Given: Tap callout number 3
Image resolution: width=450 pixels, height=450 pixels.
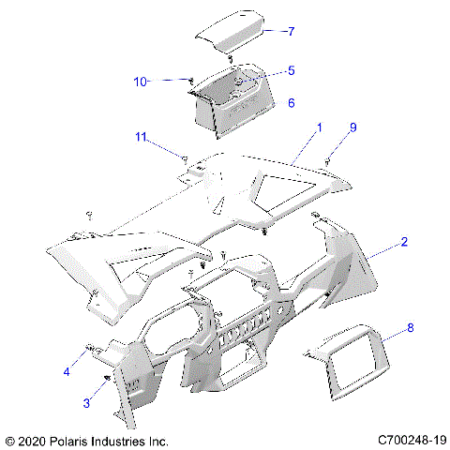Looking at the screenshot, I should (x=88, y=402).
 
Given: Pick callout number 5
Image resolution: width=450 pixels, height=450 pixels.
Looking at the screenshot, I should (x=291, y=70).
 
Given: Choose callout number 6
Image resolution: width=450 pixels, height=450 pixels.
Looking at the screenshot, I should (x=291, y=102).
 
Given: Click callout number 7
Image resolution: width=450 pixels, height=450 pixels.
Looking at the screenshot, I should (x=291, y=31).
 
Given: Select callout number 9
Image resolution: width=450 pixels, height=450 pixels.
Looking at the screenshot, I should (x=354, y=127).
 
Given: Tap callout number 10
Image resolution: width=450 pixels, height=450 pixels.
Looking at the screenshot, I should (x=140, y=82).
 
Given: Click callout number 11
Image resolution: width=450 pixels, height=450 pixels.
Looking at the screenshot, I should (x=140, y=138).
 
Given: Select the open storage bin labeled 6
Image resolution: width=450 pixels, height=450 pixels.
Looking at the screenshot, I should (x=230, y=108).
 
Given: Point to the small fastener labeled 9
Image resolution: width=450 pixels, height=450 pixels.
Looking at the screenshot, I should (x=328, y=161).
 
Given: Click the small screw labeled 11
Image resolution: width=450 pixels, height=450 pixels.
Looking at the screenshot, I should (x=185, y=157).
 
